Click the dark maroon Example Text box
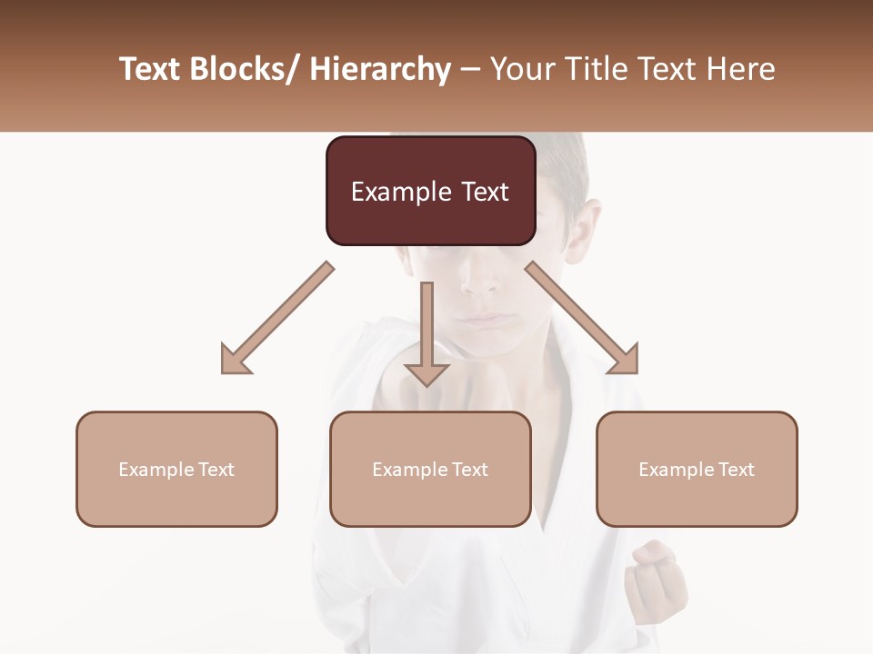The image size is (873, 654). (x=430, y=191)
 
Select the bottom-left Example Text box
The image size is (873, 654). (x=176, y=469)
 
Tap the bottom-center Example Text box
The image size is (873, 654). (x=430, y=469)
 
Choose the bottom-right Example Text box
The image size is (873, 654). (x=697, y=469)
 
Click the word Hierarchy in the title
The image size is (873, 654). (x=380, y=69)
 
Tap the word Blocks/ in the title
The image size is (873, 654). (x=246, y=69)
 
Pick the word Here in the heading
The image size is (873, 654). (x=741, y=69)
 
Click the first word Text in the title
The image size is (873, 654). (x=149, y=69)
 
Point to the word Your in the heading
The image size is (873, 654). (x=522, y=69)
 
